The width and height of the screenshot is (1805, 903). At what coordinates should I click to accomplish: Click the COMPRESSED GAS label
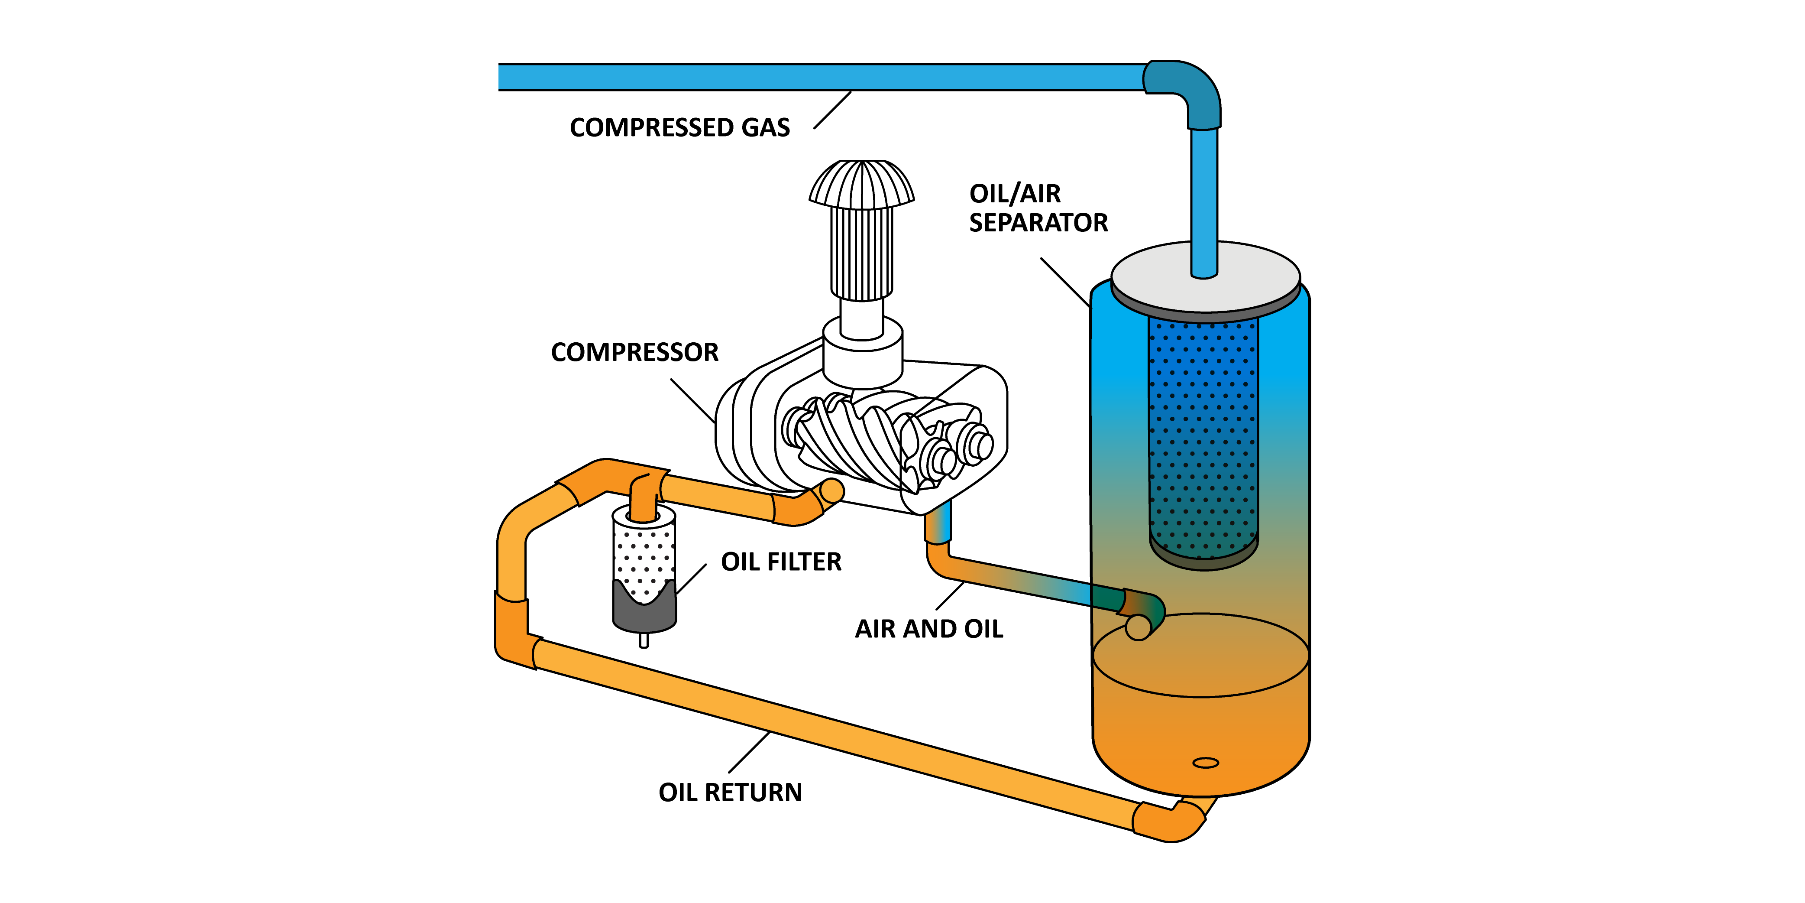pyautogui.click(x=679, y=127)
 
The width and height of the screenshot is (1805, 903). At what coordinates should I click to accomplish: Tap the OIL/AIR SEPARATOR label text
pyautogui.click(x=1038, y=208)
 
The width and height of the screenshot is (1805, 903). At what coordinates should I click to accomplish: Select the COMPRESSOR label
pyautogui.click(x=634, y=352)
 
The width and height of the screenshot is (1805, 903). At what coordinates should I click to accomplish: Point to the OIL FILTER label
pyautogui.click(x=780, y=562)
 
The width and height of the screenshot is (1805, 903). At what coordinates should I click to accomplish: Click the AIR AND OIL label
pyautogui.click(x=928, y=629)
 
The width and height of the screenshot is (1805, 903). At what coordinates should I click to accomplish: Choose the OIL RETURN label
pyautogui.click(x=729, y=792)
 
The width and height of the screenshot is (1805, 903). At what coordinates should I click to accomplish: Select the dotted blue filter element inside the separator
pyautogui.click(x=1203, y=435)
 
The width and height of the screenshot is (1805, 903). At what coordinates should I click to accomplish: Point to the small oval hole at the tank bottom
pyautogui.click(x=1205, y=763)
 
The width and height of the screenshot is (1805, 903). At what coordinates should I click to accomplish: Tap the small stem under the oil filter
pyautogui.click(x=644, y=640)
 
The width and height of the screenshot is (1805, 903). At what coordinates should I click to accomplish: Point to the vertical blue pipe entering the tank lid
pyautogui.click(x=1204, y=203)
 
